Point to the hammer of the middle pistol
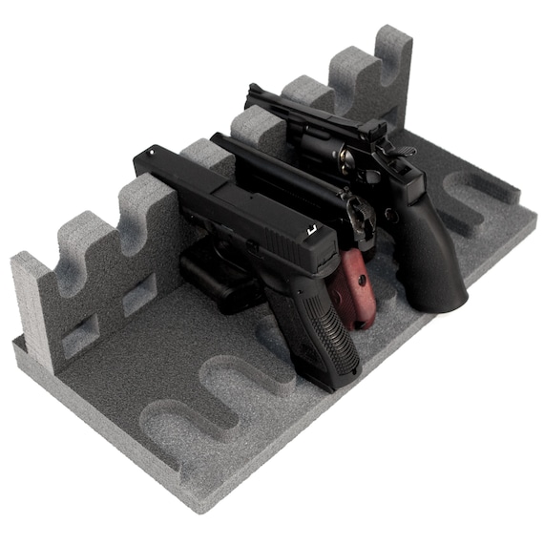[362, 212]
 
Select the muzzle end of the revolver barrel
[251, 92]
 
